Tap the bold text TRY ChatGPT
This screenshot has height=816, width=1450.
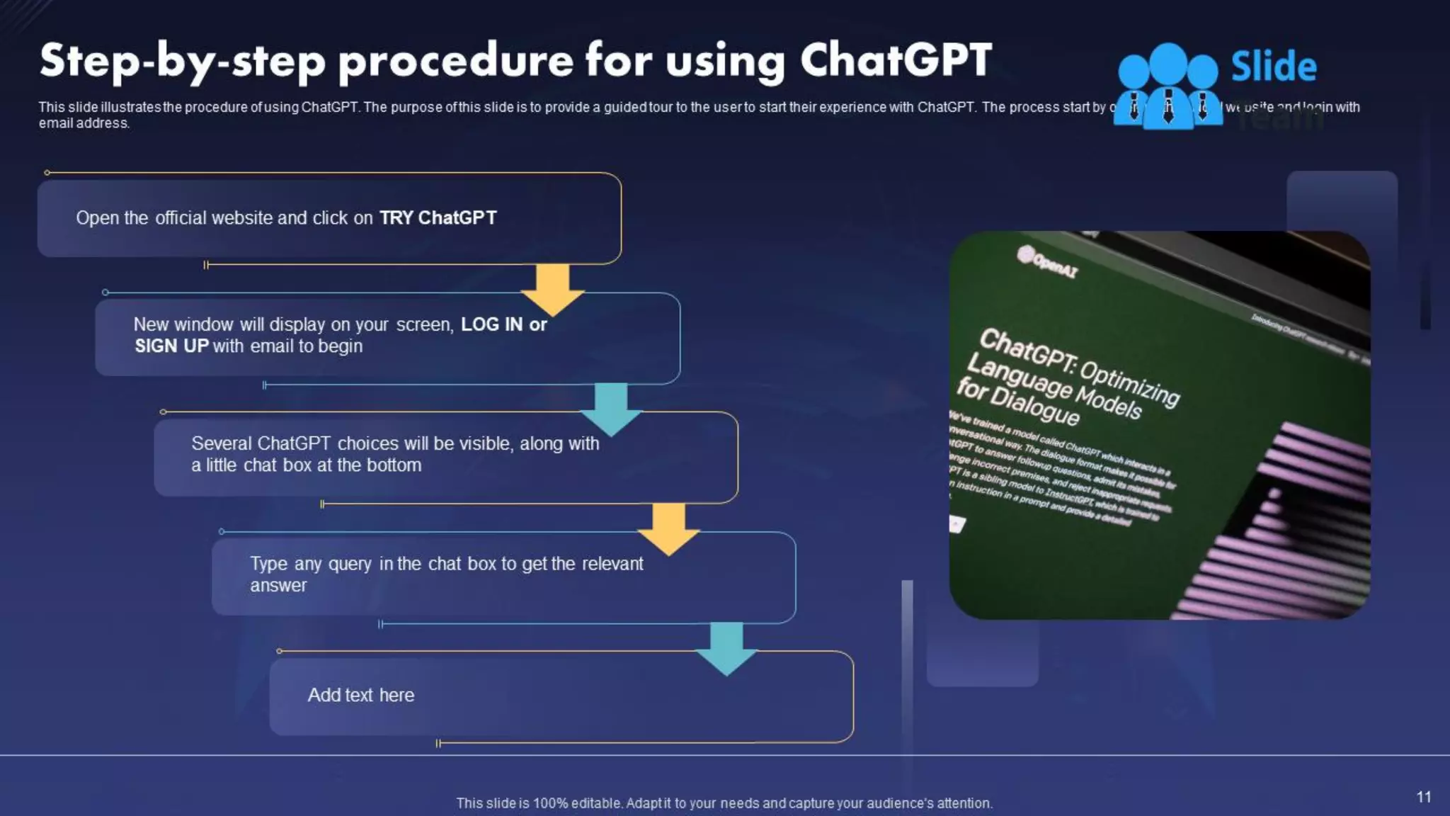click(438, 217)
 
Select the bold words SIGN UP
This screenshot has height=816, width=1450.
click(171, 346)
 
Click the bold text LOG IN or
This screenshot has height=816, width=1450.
click(503, 324)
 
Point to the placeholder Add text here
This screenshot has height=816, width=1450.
click(360, 695)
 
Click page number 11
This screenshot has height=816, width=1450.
click(1423, 797)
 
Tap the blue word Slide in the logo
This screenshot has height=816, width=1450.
click(1273, 67)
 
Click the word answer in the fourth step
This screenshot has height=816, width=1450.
click(278, 586)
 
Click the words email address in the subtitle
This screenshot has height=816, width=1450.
click(84, 123)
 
